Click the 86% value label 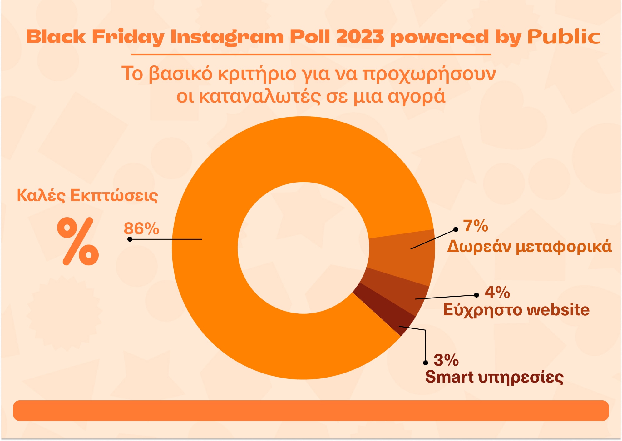click(x=141, y=228)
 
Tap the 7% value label click(x=476, y=226)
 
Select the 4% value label click(x=497, y=293)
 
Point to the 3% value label click(x=446, y=360)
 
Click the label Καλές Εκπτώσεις click(x=87, y=195)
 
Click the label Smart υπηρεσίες click(x=494, y=377)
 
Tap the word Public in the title click(x=564, y=37)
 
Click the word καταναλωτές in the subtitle click(x=259, y=96)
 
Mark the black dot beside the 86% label click(x=130, y=239)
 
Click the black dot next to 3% click(x=425, y=363)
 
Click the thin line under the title click(x=311, y=54)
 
